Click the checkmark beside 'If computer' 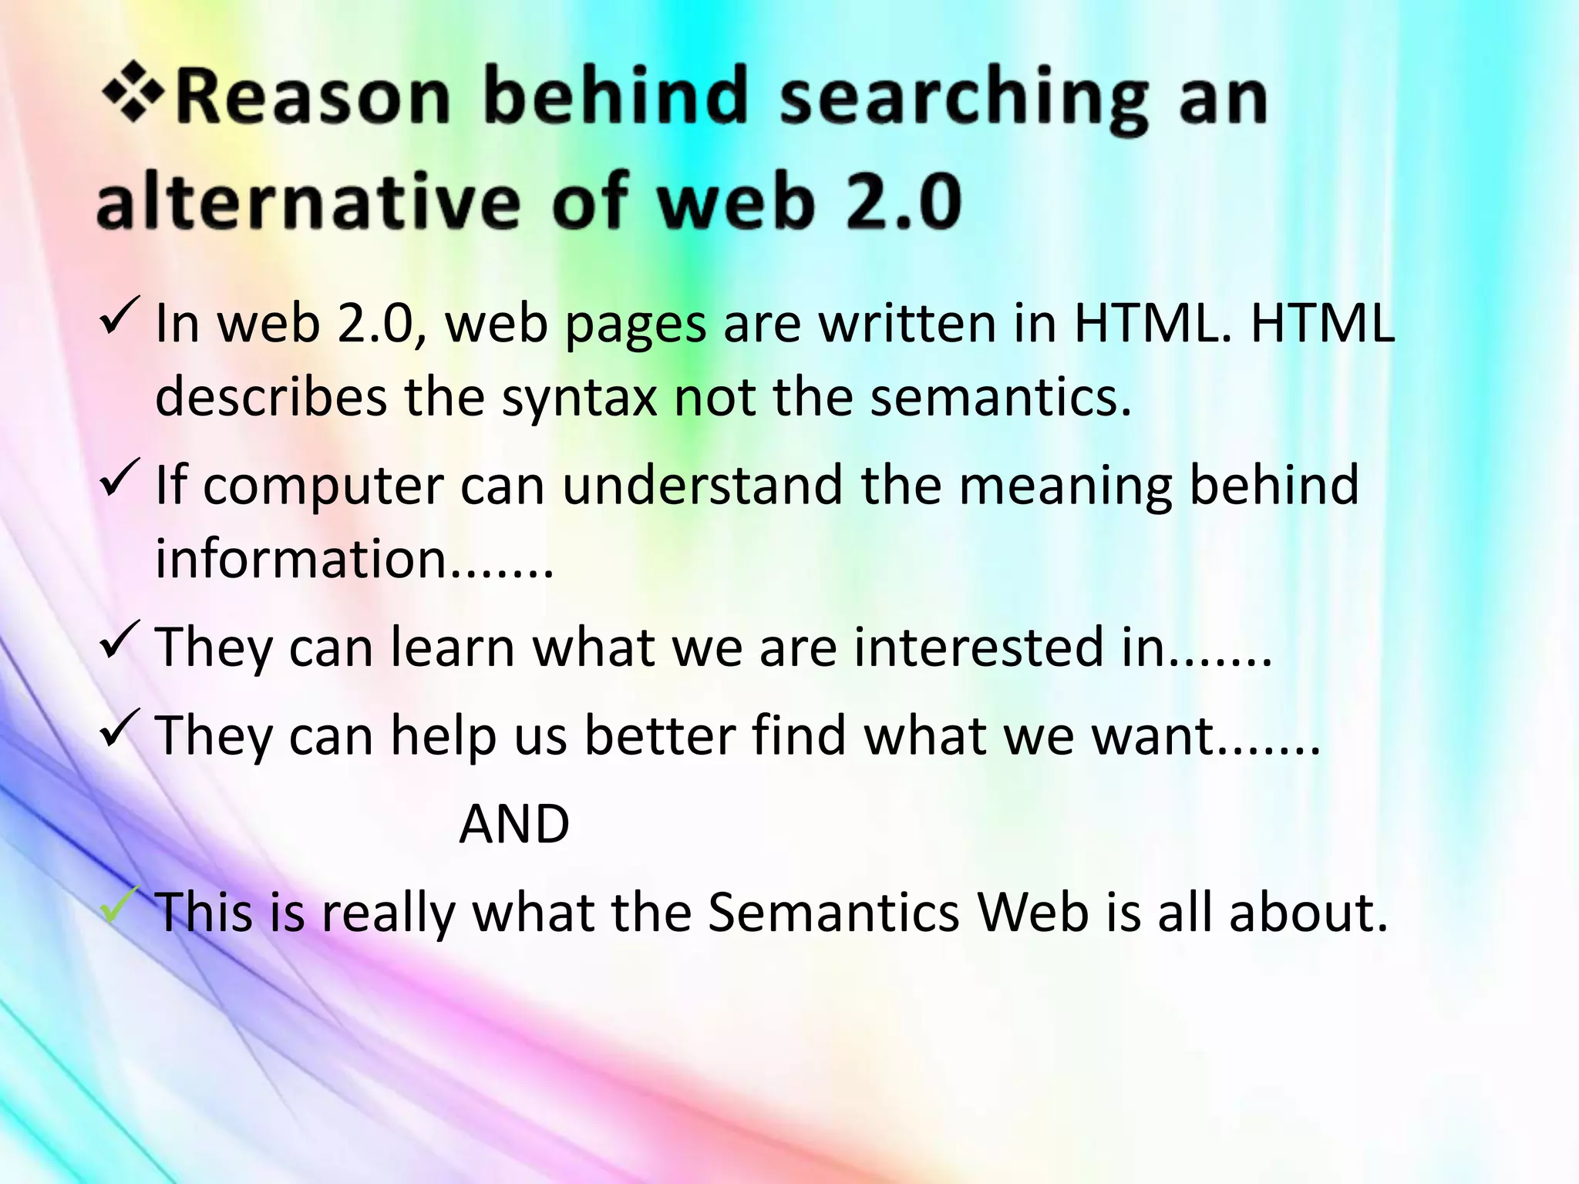tap(120, 477)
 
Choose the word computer tap(324, 486)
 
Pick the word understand tap(702, 486)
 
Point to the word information tap(301, 558)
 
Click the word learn tap(453, 647)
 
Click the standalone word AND tap(514, 824)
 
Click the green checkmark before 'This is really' tap(120, 906)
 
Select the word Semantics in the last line tap(833, 913)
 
